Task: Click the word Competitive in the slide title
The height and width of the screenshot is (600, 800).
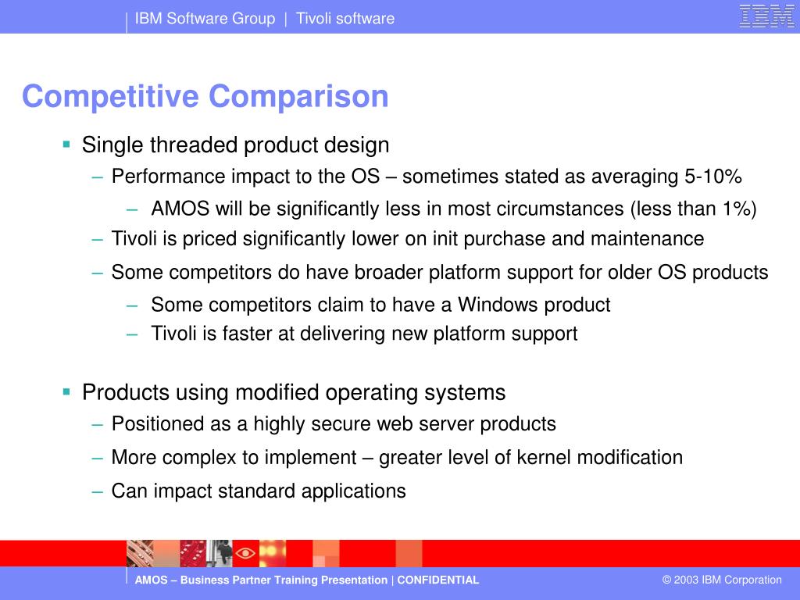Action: pyautogui.click(x=110, y=96)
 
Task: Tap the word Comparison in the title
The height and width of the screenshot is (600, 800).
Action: pyautogui.click(x=298, y=96)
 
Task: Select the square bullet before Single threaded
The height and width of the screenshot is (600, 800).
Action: pyautogui.click(x=66, y=145)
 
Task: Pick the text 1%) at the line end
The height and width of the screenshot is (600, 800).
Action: pyautogui.click(x=739, y=209)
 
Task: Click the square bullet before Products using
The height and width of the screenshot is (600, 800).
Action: pyautogui.click(x=66, y=392)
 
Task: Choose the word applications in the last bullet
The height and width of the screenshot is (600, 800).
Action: pyautogui.click(x=354, y=491)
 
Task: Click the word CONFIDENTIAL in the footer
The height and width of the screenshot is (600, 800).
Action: pyautogui.click(x=437, y=580)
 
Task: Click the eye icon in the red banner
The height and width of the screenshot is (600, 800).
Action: pyautogui.click(x=245, y=553)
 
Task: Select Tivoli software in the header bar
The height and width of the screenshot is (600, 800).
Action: pyautogui.click(x=345, y=19)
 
